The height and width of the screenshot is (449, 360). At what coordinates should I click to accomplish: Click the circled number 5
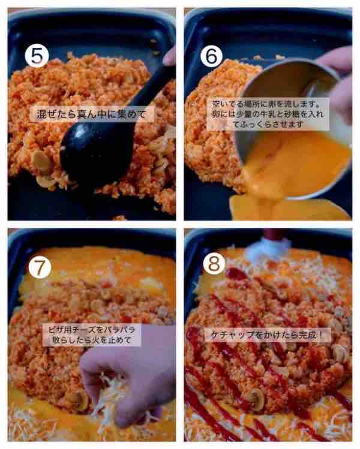coord(37,56)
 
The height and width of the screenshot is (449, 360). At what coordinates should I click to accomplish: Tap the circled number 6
coord(212,56)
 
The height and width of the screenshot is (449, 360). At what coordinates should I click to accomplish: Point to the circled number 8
coord(214,264)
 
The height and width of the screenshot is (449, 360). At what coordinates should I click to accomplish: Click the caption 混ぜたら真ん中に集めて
coord(91,114)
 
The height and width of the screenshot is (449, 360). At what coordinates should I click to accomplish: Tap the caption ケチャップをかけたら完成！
coord(268,335)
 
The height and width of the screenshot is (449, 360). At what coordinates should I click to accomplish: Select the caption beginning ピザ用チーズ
coord(91,335)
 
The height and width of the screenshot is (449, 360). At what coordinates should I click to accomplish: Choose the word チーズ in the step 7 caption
coord(85,330)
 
